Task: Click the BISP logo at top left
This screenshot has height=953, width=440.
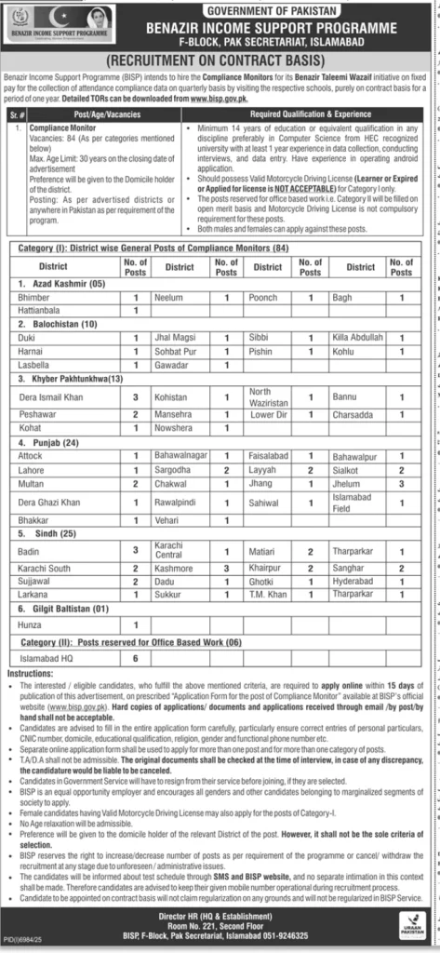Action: [x=60, y=26]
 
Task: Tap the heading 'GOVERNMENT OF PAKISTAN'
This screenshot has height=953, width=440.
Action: [x=281, y=8]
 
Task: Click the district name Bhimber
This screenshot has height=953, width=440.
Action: [x=34, y=297]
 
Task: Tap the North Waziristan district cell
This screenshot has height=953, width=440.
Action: [x=266, y=397]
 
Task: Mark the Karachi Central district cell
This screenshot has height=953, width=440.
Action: [x=175, y=550]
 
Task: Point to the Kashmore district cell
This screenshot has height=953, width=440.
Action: [x=173, y=567]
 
